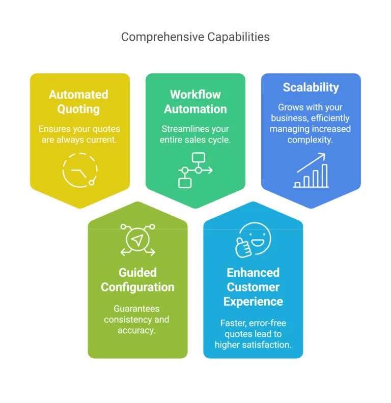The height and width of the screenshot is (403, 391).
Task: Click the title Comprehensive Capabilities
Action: [x=195, y=37]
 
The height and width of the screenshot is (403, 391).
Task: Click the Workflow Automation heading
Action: [x=195, y=102]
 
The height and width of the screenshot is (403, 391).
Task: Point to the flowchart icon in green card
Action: [x=195, y=170]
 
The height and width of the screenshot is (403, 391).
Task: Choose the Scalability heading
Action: [x=311, y=88]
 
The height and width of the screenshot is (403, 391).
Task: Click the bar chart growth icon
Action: [x=311, y=170]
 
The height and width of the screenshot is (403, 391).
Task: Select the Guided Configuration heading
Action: [x=137, y=280]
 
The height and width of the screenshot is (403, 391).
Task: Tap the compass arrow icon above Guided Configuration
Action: [x=137, y=240]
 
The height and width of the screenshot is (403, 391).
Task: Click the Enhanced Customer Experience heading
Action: [x=253, y=287]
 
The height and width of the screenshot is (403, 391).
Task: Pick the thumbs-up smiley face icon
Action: [x=253, y=240]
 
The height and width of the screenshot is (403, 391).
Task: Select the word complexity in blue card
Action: [x=311, y=139]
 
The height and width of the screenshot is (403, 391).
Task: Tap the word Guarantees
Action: [x=136, y=309]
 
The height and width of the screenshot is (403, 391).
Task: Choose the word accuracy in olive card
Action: [x=136, y=330]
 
